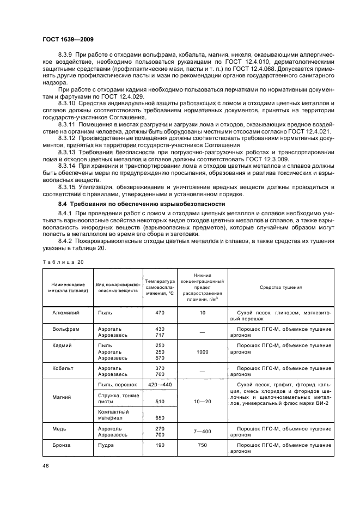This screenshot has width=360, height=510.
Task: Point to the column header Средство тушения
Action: click(x=280, y=287)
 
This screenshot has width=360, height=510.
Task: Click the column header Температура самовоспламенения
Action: click(x=159, y=287)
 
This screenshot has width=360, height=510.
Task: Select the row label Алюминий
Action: click(x=64, y=313)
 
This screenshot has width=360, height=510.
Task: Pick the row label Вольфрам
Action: click(x=63, y=329)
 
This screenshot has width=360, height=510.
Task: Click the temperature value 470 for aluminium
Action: click(x=160, y=313)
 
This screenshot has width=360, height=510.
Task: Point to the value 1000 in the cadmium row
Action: click(x=202, y=352)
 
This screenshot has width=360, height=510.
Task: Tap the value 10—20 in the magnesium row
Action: click(x=202, y=402)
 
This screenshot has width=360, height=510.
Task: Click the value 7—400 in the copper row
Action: click(x=202, y=432)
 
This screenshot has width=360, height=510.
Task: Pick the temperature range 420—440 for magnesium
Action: click(x=160, y=385)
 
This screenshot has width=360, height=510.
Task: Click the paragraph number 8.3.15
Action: click(x=68, y=186)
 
